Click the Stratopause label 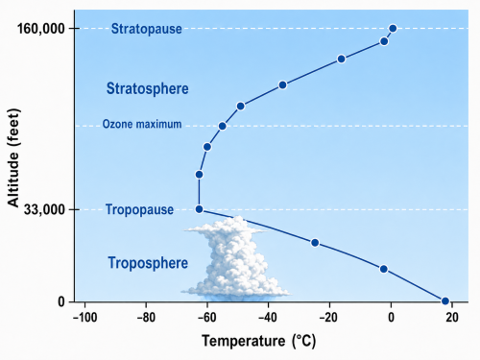tap(147, 29)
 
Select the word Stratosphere tap(148, 88)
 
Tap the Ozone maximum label tap(142, 124)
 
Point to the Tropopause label tap(139, 209)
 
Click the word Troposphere tap(148, 263)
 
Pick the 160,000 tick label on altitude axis tap(41, 29)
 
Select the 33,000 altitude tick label tap(44, 210)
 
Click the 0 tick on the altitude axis tap(61, 301)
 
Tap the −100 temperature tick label tap(84, 318)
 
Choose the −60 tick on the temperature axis tap(207, 318)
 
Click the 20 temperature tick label tap(452, 318)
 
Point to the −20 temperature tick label tap(329, 318)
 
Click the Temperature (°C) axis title tap(258, 341)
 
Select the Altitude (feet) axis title tap(13, 157)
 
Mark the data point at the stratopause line tap(393, 29)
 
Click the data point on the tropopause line tap(199, 209)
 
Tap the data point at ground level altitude tap(445, 300)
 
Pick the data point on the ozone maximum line tap(223, 126)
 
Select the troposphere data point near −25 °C tap(315, 243)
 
